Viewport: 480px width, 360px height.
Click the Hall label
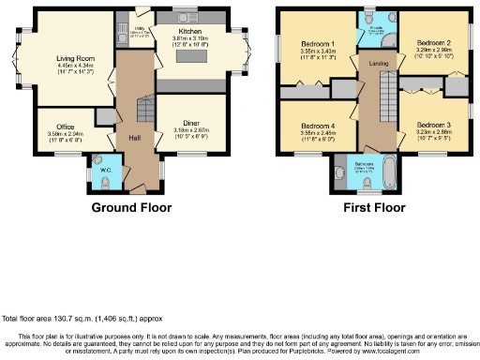[135, 138]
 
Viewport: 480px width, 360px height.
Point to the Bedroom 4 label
[319, 126]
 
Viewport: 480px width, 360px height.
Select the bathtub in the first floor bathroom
[387, 170]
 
